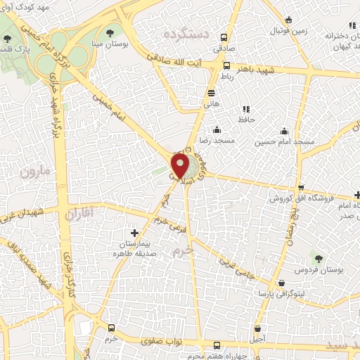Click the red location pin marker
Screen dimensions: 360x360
click(x=181, y=166)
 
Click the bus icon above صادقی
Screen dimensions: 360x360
click(x=224, y=38)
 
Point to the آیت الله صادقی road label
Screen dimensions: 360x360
click(x=200, y=62)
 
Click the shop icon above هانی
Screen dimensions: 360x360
click(x=211, y=92)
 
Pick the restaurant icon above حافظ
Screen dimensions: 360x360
click(x=245, y=109)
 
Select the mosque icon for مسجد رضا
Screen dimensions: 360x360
click(x=217, y=129)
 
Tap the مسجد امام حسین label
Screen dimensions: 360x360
click(x=285, y=142)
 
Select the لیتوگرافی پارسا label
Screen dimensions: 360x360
click(x=281, y=292)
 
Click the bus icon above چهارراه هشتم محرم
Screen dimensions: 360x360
click(x=217, y=345)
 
